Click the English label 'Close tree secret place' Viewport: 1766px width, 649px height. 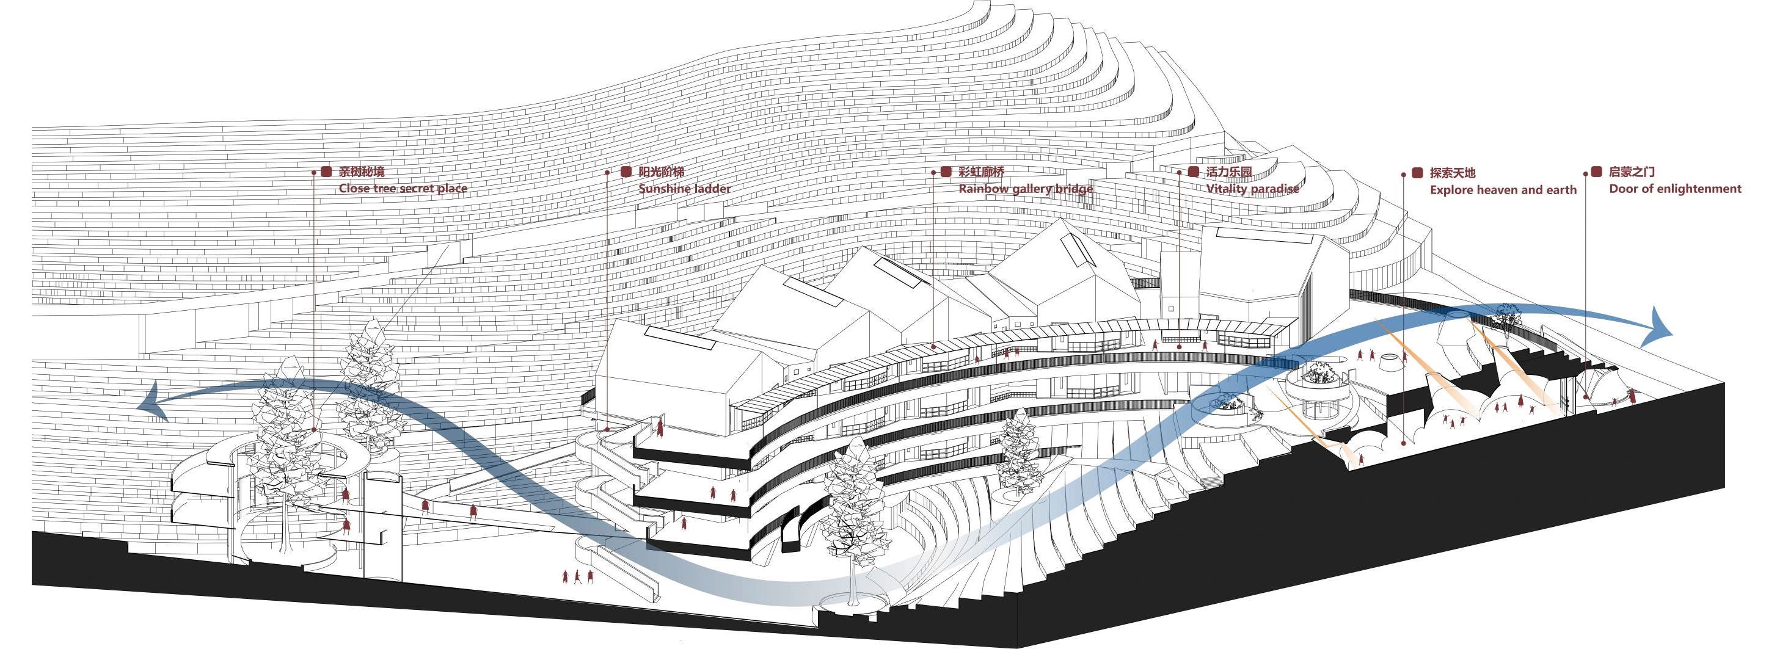coord(403,189)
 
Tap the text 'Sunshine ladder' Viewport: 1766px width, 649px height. coord(684,189)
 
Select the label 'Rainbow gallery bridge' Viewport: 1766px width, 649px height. coord(1026,189)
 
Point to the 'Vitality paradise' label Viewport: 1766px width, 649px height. coord(1252,189)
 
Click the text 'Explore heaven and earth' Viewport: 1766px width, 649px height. coord(1503,190)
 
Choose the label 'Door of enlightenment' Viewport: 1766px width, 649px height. coord(1675,189)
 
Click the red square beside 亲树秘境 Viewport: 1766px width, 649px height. coord(326,172)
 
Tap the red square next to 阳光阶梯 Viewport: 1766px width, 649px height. coord(626,172)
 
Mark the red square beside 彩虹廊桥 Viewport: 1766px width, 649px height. coord(946,172)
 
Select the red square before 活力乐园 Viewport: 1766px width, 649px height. coord(1194,172)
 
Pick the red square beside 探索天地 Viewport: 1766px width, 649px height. coord(1417,173)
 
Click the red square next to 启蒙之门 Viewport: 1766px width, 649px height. coord(1597,172)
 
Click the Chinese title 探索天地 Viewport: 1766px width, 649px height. coord(1452,173)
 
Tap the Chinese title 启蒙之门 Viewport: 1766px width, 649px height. coord(1632,172)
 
